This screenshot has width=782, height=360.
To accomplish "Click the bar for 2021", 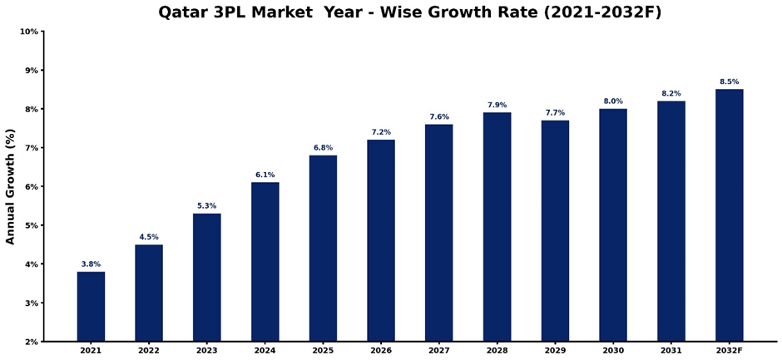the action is point(91,306).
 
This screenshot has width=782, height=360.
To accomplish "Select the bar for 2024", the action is point(265,262).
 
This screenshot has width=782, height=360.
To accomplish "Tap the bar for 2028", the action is point(497,227).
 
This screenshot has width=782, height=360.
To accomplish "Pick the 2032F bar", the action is point(729,215).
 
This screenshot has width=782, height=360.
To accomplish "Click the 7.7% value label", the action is point(555,113).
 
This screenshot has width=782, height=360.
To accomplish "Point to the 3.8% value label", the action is point(91,264).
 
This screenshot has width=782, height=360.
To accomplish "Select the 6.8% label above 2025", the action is point(323,148).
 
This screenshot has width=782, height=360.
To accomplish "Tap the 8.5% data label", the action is point(729,81).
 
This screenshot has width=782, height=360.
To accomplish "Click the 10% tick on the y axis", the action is point(29,32).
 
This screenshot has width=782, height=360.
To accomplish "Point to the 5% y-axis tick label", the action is point(32,225).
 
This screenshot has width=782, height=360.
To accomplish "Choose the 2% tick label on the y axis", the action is point(32,342).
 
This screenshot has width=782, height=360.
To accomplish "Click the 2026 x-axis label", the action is point(381,352).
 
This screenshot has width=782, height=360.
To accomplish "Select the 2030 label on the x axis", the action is point(613,352).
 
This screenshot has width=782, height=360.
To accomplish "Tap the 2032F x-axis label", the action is point(729,352).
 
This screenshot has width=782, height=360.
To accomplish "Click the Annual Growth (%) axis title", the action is point(10,186).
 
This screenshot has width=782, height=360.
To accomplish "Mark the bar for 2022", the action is point(149,293).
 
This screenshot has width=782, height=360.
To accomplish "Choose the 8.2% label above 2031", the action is point(671,93).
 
